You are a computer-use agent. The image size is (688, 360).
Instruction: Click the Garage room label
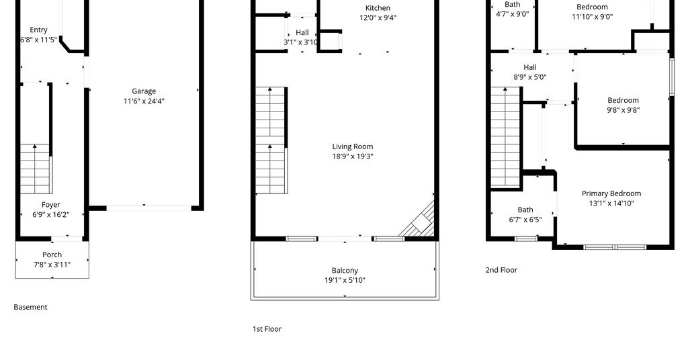coord(144,91)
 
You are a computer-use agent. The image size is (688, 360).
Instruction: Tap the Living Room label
coord(352,146)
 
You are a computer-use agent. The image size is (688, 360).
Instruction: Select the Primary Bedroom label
coord(611,193)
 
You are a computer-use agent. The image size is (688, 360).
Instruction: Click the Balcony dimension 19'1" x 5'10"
coord(345,280)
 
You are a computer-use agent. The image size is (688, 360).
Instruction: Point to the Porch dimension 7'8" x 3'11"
coord(52,265)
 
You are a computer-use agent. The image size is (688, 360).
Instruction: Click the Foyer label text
coord(51,205)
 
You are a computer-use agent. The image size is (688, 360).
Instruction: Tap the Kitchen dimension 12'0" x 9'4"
coord(378,17)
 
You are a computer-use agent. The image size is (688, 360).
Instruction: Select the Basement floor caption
coord(30,307)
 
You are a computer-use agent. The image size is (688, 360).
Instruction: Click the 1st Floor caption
coord(267,329)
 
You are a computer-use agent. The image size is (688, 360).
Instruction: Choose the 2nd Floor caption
coord(501,270)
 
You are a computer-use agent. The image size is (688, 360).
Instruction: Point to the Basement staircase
coord(35,169)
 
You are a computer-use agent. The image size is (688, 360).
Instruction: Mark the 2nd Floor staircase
coord(506,137)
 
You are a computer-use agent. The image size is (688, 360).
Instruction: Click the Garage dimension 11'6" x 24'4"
coord(144,101)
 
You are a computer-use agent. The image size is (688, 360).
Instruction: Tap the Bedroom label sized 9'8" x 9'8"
coord(623,100)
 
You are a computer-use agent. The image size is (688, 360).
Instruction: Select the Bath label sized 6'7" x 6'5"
coord(525,210)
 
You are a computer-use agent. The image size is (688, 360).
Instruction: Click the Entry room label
coord(38,30)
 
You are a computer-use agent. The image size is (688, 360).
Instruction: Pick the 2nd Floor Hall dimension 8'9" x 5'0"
coord(530,77)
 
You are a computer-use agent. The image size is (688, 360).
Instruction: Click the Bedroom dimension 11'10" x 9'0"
coord(593,17)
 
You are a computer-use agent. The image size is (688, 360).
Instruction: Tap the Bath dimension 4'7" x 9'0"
coord(513,14)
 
